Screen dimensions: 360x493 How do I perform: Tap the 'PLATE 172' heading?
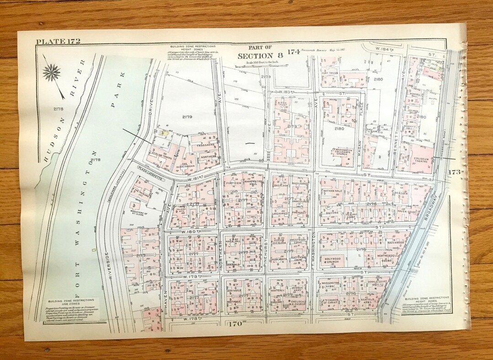tap(58, 42)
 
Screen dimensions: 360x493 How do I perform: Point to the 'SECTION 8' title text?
tap(260, 55)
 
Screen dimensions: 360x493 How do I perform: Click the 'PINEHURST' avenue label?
tap(265, 251)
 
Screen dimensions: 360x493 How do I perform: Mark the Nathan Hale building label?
tap(333, 191)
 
